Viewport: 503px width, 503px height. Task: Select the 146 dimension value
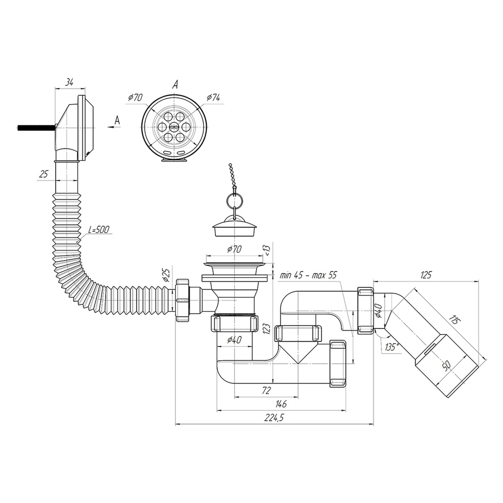tap(281, 404)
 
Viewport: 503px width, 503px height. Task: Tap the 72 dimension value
tap(267, 390)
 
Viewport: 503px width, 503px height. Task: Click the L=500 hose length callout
tap(99, 229)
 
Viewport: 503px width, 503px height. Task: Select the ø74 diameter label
tap(213, 97)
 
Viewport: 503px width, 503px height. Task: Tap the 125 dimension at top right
tap(426, 275)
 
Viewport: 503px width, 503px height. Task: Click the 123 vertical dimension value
tap(267, 329)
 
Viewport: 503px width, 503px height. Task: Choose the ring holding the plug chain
tap(234, 201)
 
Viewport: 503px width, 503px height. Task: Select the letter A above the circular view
tap(175, 85)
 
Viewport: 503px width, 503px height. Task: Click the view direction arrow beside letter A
tap(112, 128)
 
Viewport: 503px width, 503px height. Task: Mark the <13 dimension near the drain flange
tap(268, 249)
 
